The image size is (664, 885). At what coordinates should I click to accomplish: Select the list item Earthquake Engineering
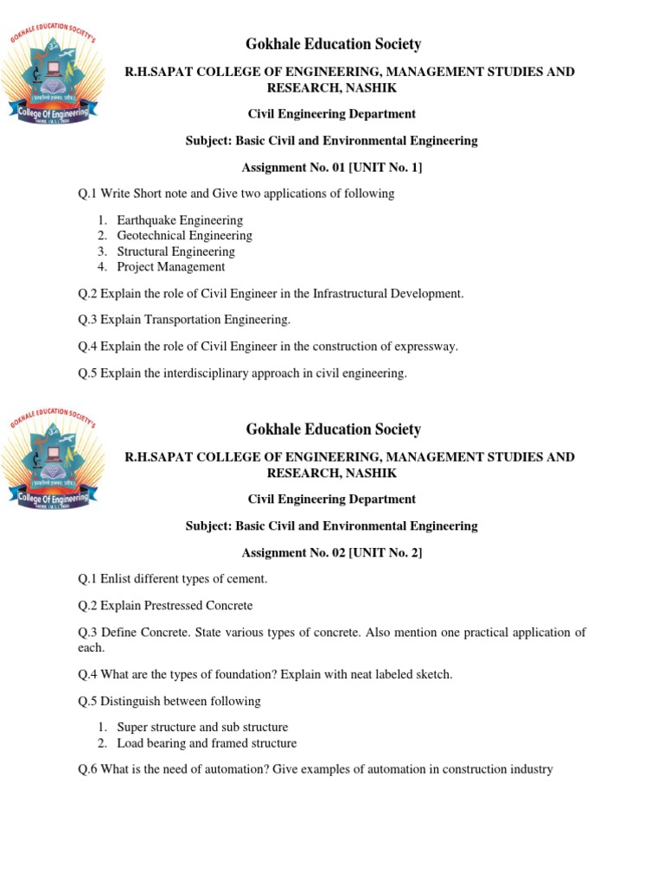click(180, 220)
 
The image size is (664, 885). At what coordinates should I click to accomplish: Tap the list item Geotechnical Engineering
click(184, 236)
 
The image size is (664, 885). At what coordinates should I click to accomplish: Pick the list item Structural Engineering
click(176, 251)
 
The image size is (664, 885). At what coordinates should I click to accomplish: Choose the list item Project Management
click(170, 267)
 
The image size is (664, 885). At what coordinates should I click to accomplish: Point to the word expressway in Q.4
click(425, 347)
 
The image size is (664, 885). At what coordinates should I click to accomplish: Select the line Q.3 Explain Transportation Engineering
click(184, 320)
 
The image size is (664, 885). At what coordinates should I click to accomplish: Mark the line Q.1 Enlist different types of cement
click(173, 578)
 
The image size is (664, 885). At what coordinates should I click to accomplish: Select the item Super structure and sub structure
click(202, 728)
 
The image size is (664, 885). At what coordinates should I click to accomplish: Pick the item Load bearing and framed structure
click(207, 743)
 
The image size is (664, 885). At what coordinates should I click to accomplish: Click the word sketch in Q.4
click(431, 674)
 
